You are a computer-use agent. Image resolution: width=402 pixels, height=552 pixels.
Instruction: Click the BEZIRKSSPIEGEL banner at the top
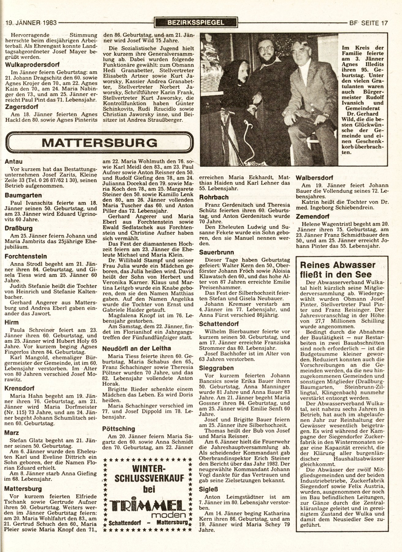point(196,22)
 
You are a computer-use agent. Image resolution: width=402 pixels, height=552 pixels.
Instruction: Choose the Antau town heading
point(14,161)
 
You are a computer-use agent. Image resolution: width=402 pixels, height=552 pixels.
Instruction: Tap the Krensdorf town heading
point(20,388)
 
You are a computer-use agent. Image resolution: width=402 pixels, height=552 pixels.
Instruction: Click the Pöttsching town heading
point(119,429)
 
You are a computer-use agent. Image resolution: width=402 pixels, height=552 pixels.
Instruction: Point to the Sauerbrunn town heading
point(216,252)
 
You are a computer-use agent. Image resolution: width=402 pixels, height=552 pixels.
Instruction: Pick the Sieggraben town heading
point(216,368)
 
